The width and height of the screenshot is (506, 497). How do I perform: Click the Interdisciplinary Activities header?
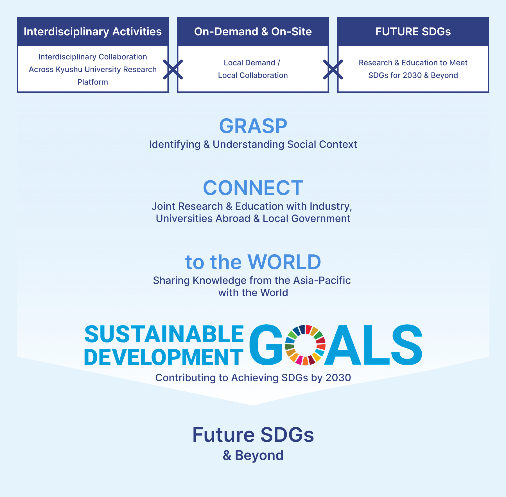pyautogui.click(x=92, y=31)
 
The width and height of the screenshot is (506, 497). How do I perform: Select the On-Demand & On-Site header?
pyautogui.click(x=253, y=31)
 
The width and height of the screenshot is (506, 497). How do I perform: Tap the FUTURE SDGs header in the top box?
pyautogui.click(x=413, y=31)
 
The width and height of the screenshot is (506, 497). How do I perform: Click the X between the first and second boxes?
pyautogui.click(x=173, y=69)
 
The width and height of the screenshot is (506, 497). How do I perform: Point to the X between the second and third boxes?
pyautogui.click(x=333, y=69)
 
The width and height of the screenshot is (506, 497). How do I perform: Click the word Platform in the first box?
pyautogui.click(x=92, y=82)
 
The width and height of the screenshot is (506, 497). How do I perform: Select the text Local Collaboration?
pyautogui.click(x=253, y=75)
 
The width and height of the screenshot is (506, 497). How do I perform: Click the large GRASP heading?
pyautogui.click(x=253, y=126)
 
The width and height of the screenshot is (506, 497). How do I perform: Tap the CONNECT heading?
pyautogui.click(x=253, y=188)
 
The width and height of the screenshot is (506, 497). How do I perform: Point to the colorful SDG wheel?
pyautogui.click(x=305, y=345)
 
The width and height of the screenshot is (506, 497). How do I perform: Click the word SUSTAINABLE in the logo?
pyautogui.click(x=164, y=334)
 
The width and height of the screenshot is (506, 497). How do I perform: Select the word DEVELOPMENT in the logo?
pyautogui.click(x=164, y=357)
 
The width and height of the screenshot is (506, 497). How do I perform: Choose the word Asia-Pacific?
pyautogui.click(x=322, y=281)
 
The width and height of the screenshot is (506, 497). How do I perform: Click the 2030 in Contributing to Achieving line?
pyautogui.click(x=338, y=378)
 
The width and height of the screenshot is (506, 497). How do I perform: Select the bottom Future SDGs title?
pyautogui.click(x=253, y=435)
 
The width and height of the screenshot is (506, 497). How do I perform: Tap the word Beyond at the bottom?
pyautogui.click(x=259, y=455)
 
